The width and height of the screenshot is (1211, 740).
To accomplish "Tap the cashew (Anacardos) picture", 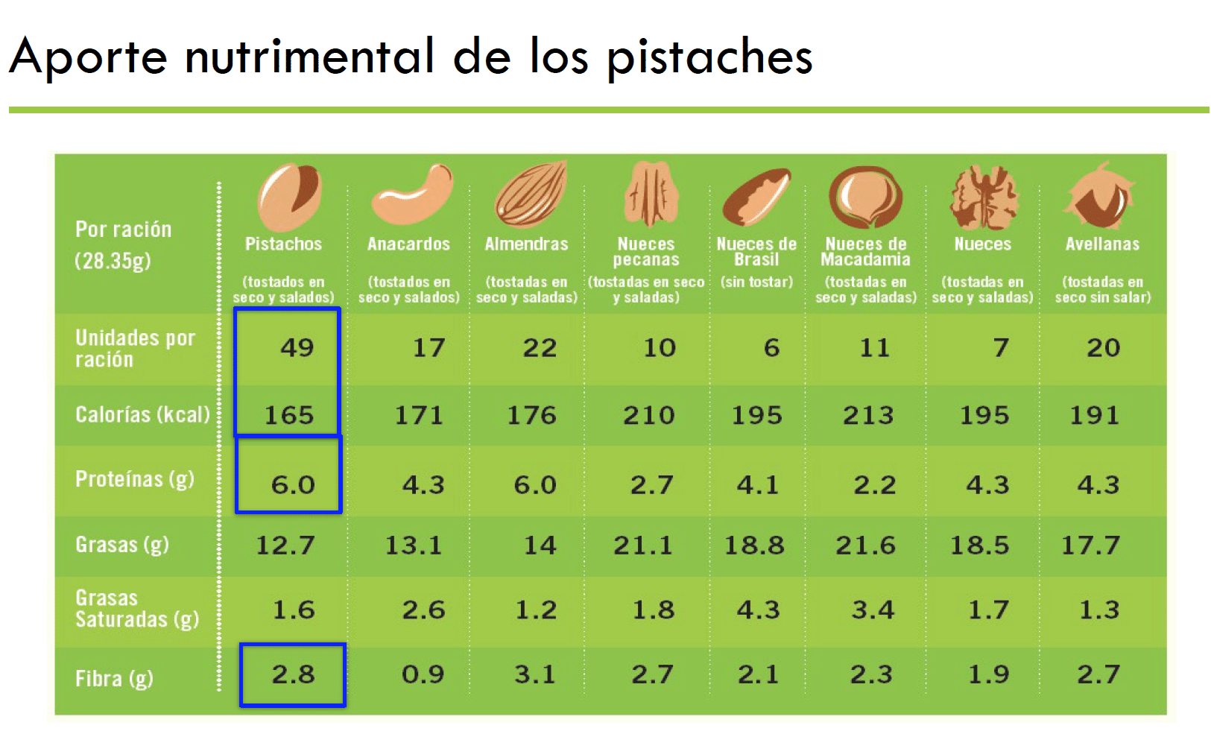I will coord(411,196).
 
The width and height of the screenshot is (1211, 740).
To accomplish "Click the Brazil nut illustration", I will coord(756,197).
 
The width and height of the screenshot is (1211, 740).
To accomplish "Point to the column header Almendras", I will coord(526,244).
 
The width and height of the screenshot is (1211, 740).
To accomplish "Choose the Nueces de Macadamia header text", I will coord(866,252).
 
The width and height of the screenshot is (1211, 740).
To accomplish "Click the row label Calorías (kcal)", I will coord(142,414).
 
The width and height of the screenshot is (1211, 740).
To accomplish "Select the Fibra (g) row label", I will coord(114,679).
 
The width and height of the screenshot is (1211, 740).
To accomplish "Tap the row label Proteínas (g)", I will coord(135,479).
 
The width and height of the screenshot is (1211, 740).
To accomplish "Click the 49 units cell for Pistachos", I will coord(297,347).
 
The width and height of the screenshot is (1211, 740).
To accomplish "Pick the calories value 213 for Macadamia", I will coord(868,415).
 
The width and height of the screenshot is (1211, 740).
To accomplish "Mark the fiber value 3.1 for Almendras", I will coord(535,674).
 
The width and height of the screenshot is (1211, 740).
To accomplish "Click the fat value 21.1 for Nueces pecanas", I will coord(642,545).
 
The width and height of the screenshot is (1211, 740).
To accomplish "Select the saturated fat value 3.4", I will coord(873,610).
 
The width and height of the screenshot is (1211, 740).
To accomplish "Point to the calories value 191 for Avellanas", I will coord(1094,415).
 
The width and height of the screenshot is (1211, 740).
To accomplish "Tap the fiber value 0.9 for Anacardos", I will coord(423,674).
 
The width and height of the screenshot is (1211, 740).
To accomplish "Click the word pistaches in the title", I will coord(709,57).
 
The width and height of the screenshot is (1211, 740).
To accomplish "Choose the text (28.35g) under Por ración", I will coord(113,262).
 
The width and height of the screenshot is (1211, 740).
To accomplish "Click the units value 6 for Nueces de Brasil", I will coord(771,347).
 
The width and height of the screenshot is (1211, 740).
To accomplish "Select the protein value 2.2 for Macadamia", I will coord(874,485).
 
